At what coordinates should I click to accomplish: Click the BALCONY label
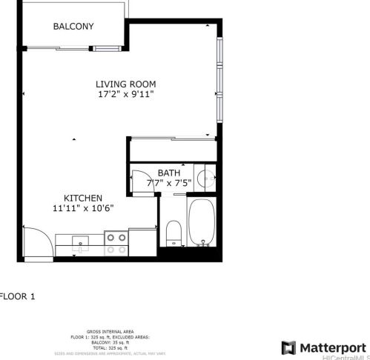(x=73, y=27)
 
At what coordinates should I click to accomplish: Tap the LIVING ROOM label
(x=125, y=84)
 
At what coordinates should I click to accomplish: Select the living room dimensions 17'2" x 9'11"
(x=125, y=95)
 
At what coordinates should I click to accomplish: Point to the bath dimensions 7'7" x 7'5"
(x=168, y=182)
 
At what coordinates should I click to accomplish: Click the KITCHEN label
(x=82, y=198)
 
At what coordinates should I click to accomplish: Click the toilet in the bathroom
(x=172, y=233)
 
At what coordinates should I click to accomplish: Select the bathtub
(x=201, y=222)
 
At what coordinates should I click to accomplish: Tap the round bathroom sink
(x=206, y=178)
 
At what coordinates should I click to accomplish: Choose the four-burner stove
(x=115, y=244)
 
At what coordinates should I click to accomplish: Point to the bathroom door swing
(x=141, y=182)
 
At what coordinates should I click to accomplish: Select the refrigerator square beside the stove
(x=142, y=242)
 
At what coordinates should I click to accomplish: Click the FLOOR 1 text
(x=17, y=296)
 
